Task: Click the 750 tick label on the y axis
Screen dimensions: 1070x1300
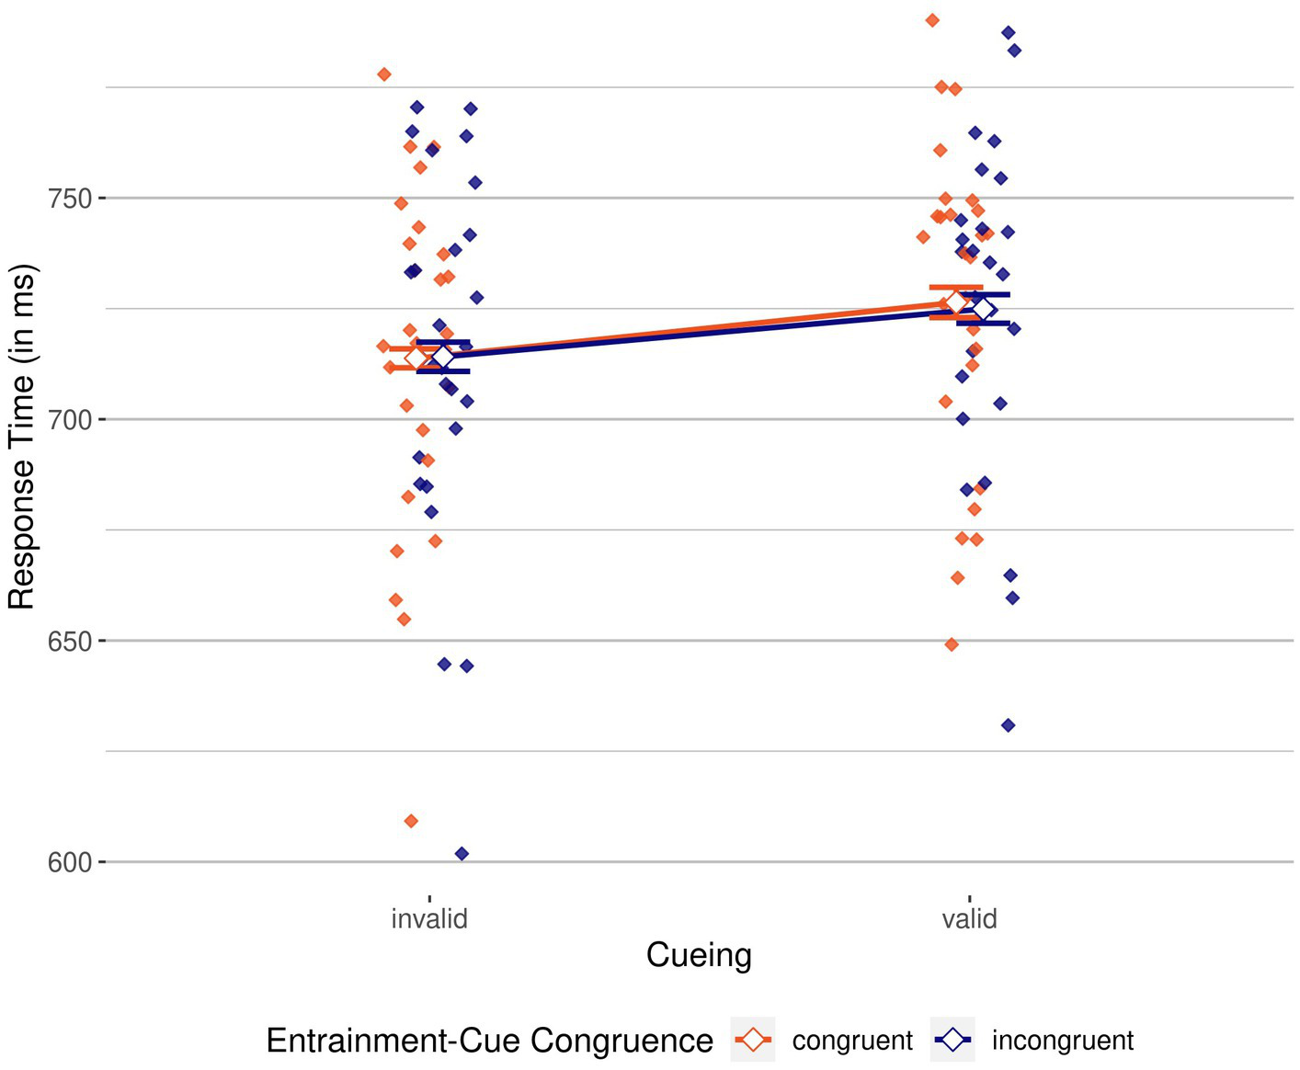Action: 70,199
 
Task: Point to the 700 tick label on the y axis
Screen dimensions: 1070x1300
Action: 70,420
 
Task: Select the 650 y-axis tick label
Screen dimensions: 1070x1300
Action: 70,642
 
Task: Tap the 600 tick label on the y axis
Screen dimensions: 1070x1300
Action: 70,863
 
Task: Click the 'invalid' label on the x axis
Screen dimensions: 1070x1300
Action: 429,918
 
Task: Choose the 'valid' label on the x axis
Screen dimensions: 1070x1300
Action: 969,918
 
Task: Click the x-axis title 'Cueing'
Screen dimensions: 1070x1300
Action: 699,955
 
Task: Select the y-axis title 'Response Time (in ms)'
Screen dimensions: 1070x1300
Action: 22,437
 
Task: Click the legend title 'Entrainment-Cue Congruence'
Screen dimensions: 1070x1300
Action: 489,1041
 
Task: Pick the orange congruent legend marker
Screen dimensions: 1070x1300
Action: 753,1041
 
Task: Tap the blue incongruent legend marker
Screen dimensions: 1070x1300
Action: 953,1041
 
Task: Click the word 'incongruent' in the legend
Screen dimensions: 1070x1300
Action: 1063,1041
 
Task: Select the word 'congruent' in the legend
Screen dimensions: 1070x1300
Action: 852,1041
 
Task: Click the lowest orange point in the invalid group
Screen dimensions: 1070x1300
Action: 411,821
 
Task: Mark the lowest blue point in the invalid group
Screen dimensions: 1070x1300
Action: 462,854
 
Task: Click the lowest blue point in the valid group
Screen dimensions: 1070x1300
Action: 1008,725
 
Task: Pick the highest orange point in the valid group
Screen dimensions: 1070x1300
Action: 932,20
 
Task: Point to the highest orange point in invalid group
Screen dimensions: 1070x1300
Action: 384,74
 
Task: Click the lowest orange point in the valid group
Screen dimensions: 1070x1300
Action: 952,644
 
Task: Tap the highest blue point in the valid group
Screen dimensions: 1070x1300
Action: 1008,33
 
